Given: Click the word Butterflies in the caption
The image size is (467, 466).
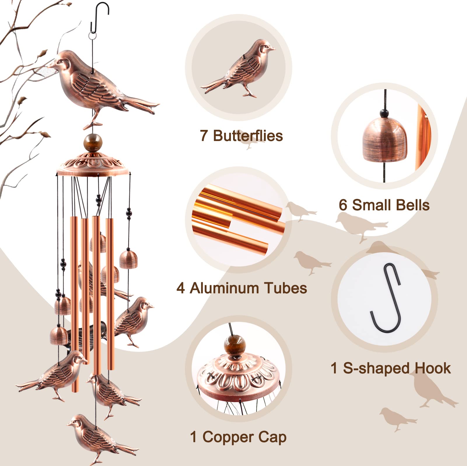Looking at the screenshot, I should pyautogui.click(x=248, y=136).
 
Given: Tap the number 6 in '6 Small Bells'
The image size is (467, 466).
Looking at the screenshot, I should pyautogui.click(x=343, y=205).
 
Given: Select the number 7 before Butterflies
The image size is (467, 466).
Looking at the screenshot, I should pyautogui.click(x=204, y=136).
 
